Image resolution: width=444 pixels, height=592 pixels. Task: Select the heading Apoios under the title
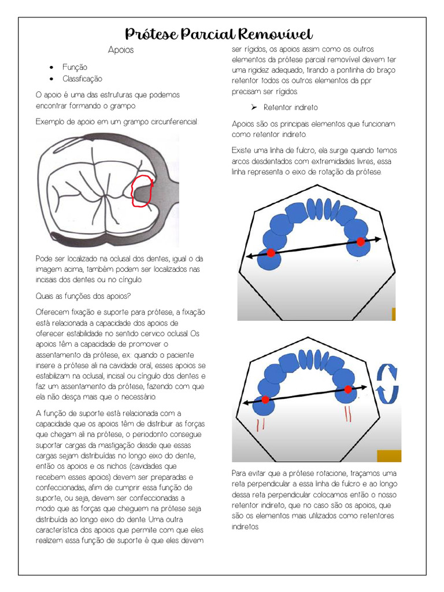(x=120, y=50)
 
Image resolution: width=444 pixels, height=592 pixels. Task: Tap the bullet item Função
(x=75, y=68)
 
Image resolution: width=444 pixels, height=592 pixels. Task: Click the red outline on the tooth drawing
(x=142, y=191)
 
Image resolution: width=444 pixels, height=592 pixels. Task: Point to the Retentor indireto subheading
(x=290, y=108)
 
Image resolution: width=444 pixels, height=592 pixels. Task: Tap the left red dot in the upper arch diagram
(x=271, y=252)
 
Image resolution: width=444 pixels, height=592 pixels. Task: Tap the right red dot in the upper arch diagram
(x=361, y=242)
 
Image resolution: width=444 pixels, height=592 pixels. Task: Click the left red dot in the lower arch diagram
(x=265, y=399)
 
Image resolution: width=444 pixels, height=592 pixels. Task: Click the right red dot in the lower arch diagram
(x=348, y=389)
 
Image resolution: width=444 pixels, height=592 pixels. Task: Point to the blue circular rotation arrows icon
(x=387, y=383)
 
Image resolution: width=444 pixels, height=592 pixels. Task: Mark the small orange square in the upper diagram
(x=394, y=314)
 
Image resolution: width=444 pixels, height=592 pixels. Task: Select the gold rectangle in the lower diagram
(x=388, y=456)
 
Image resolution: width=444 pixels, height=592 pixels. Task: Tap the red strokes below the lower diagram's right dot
(x=349, y=415)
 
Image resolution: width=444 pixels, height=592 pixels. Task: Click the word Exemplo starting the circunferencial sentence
(x=50, y=122)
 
